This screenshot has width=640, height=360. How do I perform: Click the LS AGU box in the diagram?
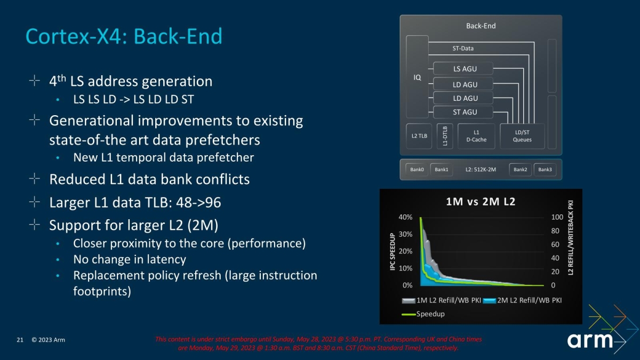coord(463,69)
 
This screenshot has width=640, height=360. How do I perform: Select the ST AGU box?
coord(463,112)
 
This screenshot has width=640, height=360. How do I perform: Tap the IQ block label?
coord(417,77)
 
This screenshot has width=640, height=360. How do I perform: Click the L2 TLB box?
coord(419,136)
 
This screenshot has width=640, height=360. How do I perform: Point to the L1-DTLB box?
coord(445,136)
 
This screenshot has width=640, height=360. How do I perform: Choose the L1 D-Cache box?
coord(476,136)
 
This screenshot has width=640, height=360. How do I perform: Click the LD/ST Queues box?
coord(522,136)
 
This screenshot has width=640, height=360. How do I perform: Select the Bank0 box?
coord(417,170)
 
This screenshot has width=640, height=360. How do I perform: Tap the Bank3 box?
coord(545,170)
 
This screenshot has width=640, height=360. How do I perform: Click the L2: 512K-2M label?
coord(481,170)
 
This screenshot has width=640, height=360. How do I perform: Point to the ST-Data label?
coord(463,49)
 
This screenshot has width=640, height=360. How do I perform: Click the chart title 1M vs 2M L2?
coord(481,202)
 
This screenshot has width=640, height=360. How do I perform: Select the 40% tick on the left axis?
coord(405,217)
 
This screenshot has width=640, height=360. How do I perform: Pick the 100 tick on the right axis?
coord(557,217)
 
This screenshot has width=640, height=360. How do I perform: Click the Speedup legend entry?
coord(423,314)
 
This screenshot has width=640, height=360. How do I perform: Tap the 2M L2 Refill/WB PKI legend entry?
coord(522,300)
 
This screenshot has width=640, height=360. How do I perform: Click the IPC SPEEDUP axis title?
coord(393,252)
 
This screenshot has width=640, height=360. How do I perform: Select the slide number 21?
coord(20,340)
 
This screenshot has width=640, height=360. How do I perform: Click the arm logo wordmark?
coord(590,340)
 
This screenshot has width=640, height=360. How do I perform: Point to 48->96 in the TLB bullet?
coord(198,203)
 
